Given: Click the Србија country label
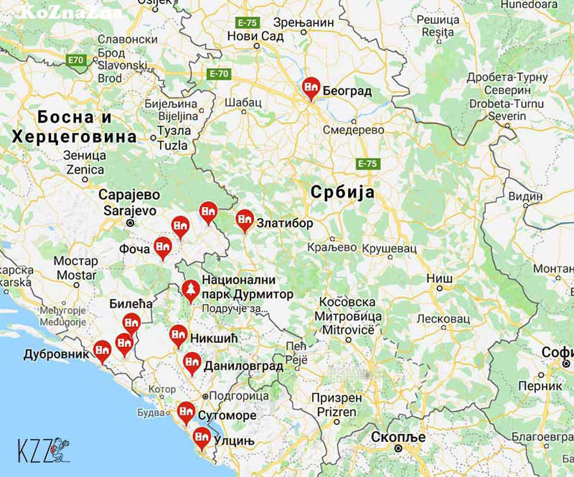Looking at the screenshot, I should (x=342, y=192).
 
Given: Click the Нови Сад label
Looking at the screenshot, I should (x=250, y=36).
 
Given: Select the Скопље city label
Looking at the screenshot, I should (x=398, y=437).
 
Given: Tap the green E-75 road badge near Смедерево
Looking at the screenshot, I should (x=366, y=164).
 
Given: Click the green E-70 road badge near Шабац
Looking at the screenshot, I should (x=218, y=73).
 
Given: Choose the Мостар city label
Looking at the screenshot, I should (x=77, y=268).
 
